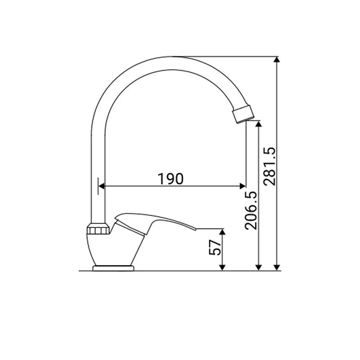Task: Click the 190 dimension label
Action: pos(171,179)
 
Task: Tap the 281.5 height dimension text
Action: pos(270,166)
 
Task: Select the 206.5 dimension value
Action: pos(251,210)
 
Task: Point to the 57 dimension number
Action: pos(215,248)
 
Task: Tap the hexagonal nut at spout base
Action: pos(98,228)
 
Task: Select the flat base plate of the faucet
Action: pos(113,268)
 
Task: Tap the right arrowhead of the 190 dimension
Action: pos(243,186)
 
